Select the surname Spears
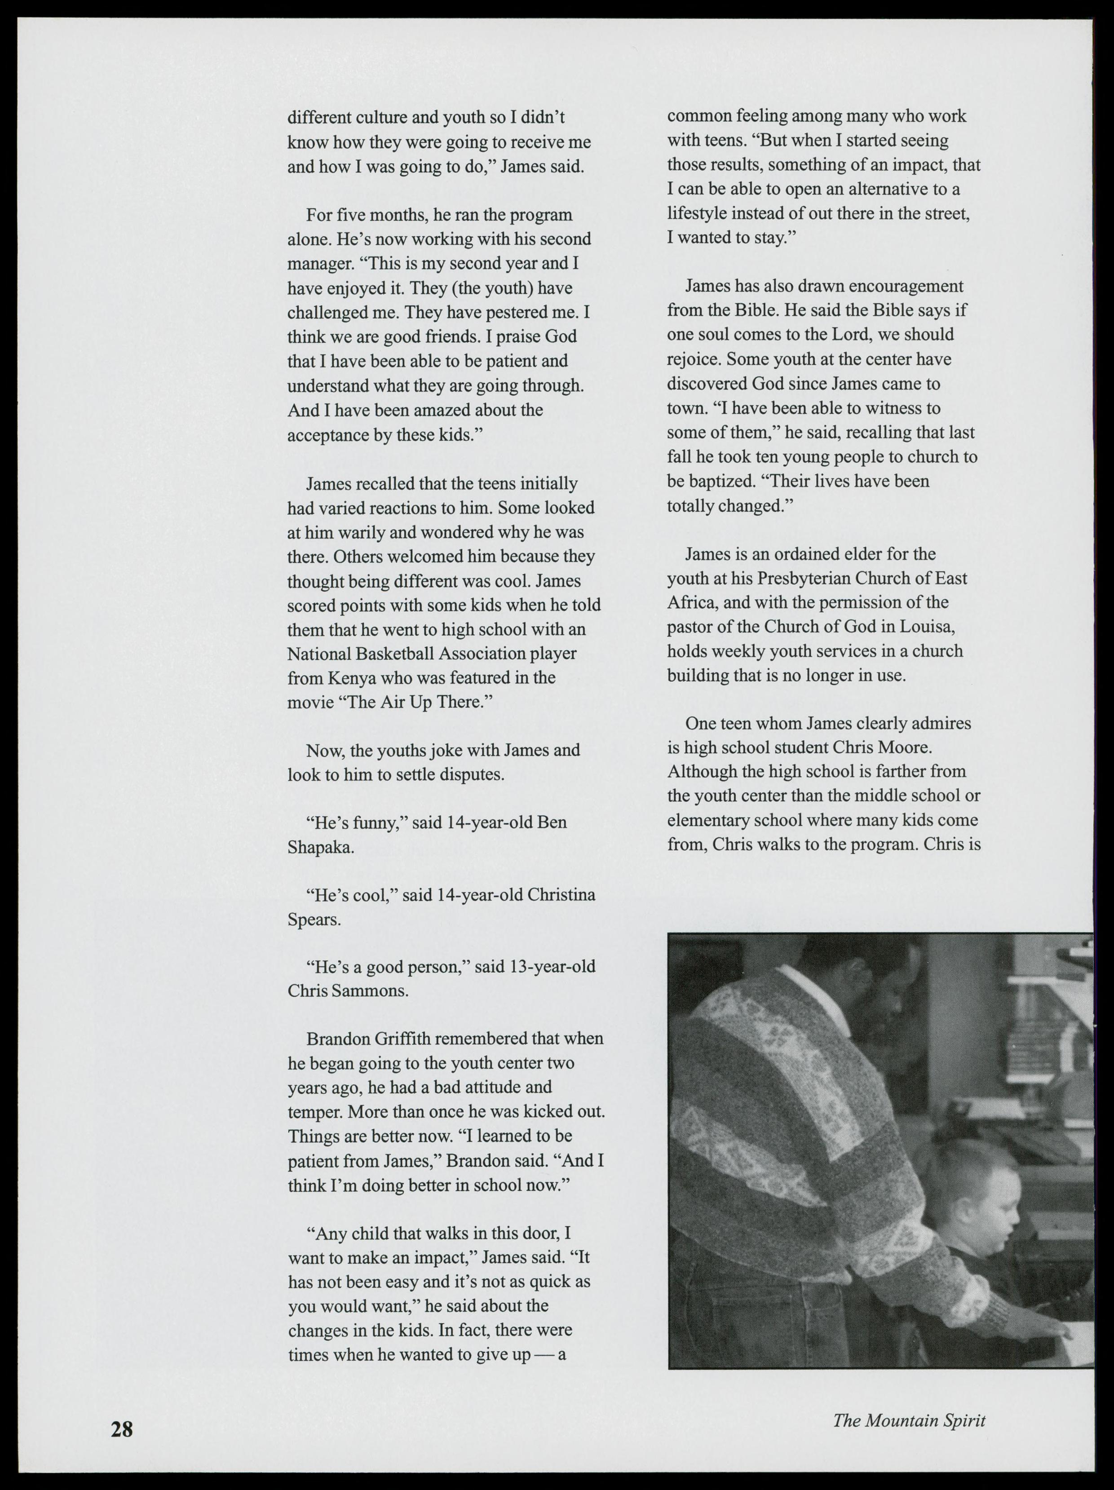(314, 920)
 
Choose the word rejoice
(694, 360)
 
